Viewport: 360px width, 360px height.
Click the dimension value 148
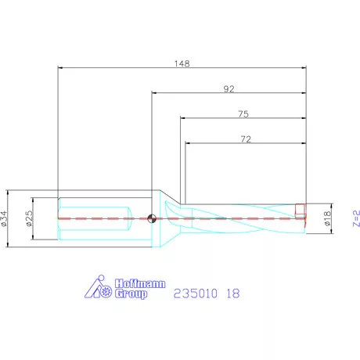[x=182, y=63]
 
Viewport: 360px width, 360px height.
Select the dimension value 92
[x=229, y=88]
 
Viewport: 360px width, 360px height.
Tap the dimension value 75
[x=243, y=114]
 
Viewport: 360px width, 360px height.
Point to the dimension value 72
[x=245, y=139]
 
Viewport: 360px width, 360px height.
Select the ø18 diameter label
[x=327, y=218]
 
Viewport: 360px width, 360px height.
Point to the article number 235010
[x=194, y=294]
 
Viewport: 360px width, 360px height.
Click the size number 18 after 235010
[x=233, y=294]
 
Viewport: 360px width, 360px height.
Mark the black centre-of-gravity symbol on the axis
[x=153, y=218]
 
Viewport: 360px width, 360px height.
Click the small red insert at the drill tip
[x=301, y=210]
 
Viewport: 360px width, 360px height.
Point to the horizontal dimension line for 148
[x=182, y=68]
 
